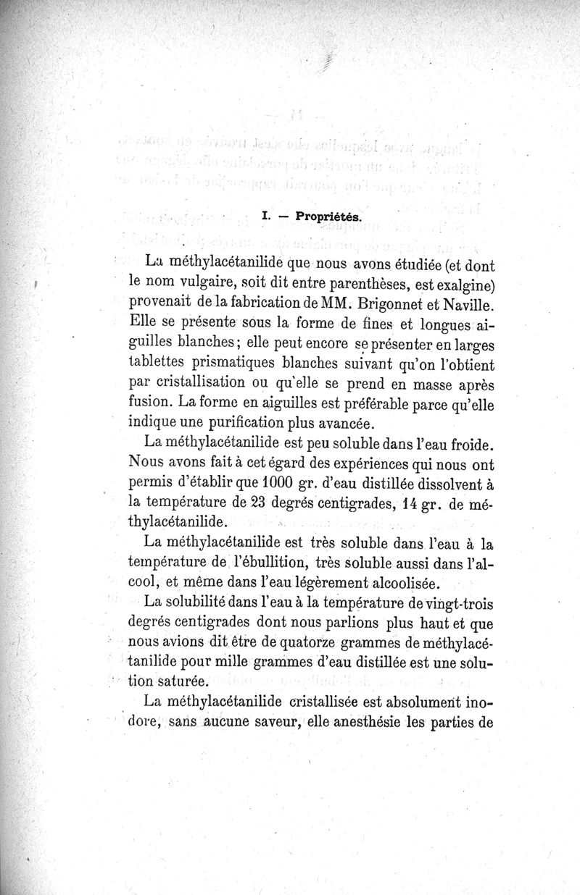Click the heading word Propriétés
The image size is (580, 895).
[328, 216]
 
